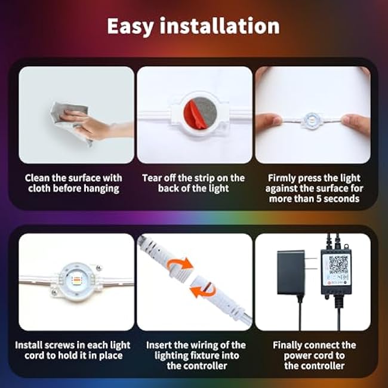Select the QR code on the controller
pyautogui.click(x=338, y=263)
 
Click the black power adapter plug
pyautogui.click(x=292, y=272)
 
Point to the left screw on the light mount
pyautogui.click(x=55, y=292)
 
